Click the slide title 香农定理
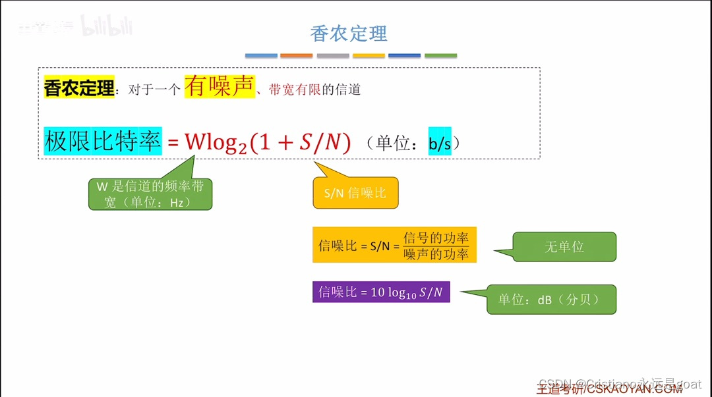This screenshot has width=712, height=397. click(349, 34)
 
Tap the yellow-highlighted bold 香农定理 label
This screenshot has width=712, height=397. click(79, 88)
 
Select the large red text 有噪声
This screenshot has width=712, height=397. click(219, 86)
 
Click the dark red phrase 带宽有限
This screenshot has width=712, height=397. click(295, 90)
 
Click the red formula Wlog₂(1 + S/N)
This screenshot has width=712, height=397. click(268, 142)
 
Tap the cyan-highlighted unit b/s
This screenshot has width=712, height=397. click(440, 142)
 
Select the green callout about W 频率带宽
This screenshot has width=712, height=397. click(150, 194)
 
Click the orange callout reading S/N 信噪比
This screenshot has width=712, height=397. click(355, 193)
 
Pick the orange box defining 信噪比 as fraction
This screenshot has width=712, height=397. click(394, 246)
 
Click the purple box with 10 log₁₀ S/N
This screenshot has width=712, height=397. click(380, 292)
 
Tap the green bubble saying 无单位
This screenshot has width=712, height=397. click(564, 247)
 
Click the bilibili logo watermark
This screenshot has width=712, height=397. click(106, 26)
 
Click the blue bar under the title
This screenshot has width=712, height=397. click(261, 56)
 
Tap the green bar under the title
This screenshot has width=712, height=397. click(440, 56)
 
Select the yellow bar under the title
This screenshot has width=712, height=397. click(369, 56)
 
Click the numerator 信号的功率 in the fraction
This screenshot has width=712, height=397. click(436, 238)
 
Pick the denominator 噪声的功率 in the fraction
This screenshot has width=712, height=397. click(436, 254)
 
